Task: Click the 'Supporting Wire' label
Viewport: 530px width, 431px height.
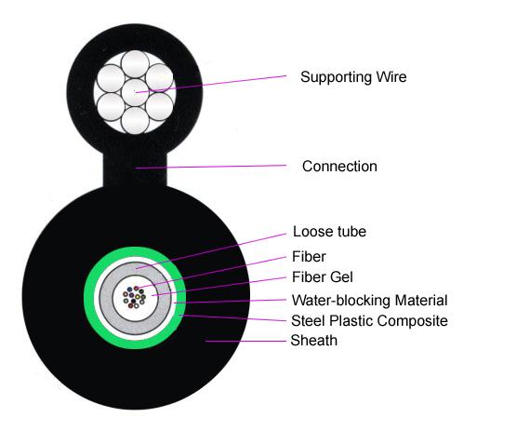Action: click(x=353, y=77)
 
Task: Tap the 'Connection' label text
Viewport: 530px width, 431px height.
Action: click(x=339, y=166)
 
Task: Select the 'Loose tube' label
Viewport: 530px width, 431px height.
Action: click(x=329, y=232)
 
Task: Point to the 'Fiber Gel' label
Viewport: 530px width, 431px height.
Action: click(x=322, y=277)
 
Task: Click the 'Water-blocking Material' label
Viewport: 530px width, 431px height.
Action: click(x=369, y=300)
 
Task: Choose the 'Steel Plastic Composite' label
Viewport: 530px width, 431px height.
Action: click(x=369, y=321)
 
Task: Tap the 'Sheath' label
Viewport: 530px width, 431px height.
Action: click(x=314, y=341)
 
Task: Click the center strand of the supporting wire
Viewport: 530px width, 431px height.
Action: click(x=135, y=92)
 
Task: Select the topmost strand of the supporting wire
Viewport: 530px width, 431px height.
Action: click(x=135, y=64)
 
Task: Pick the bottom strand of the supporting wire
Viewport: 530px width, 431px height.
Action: click(x=135, y=120)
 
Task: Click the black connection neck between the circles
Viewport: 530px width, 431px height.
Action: click(x=135, y=169)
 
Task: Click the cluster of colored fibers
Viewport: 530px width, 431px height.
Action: click(x=134, y=297)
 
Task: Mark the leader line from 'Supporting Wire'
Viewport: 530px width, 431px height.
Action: click(x=211, y=84)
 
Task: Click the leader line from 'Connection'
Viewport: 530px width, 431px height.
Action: click(x=211, y=167)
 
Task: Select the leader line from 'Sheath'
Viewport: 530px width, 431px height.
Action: click(x=245, y=341)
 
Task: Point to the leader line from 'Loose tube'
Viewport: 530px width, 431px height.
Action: click(x=211, y=251)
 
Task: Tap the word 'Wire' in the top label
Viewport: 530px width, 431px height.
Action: click(x=391, y=76)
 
